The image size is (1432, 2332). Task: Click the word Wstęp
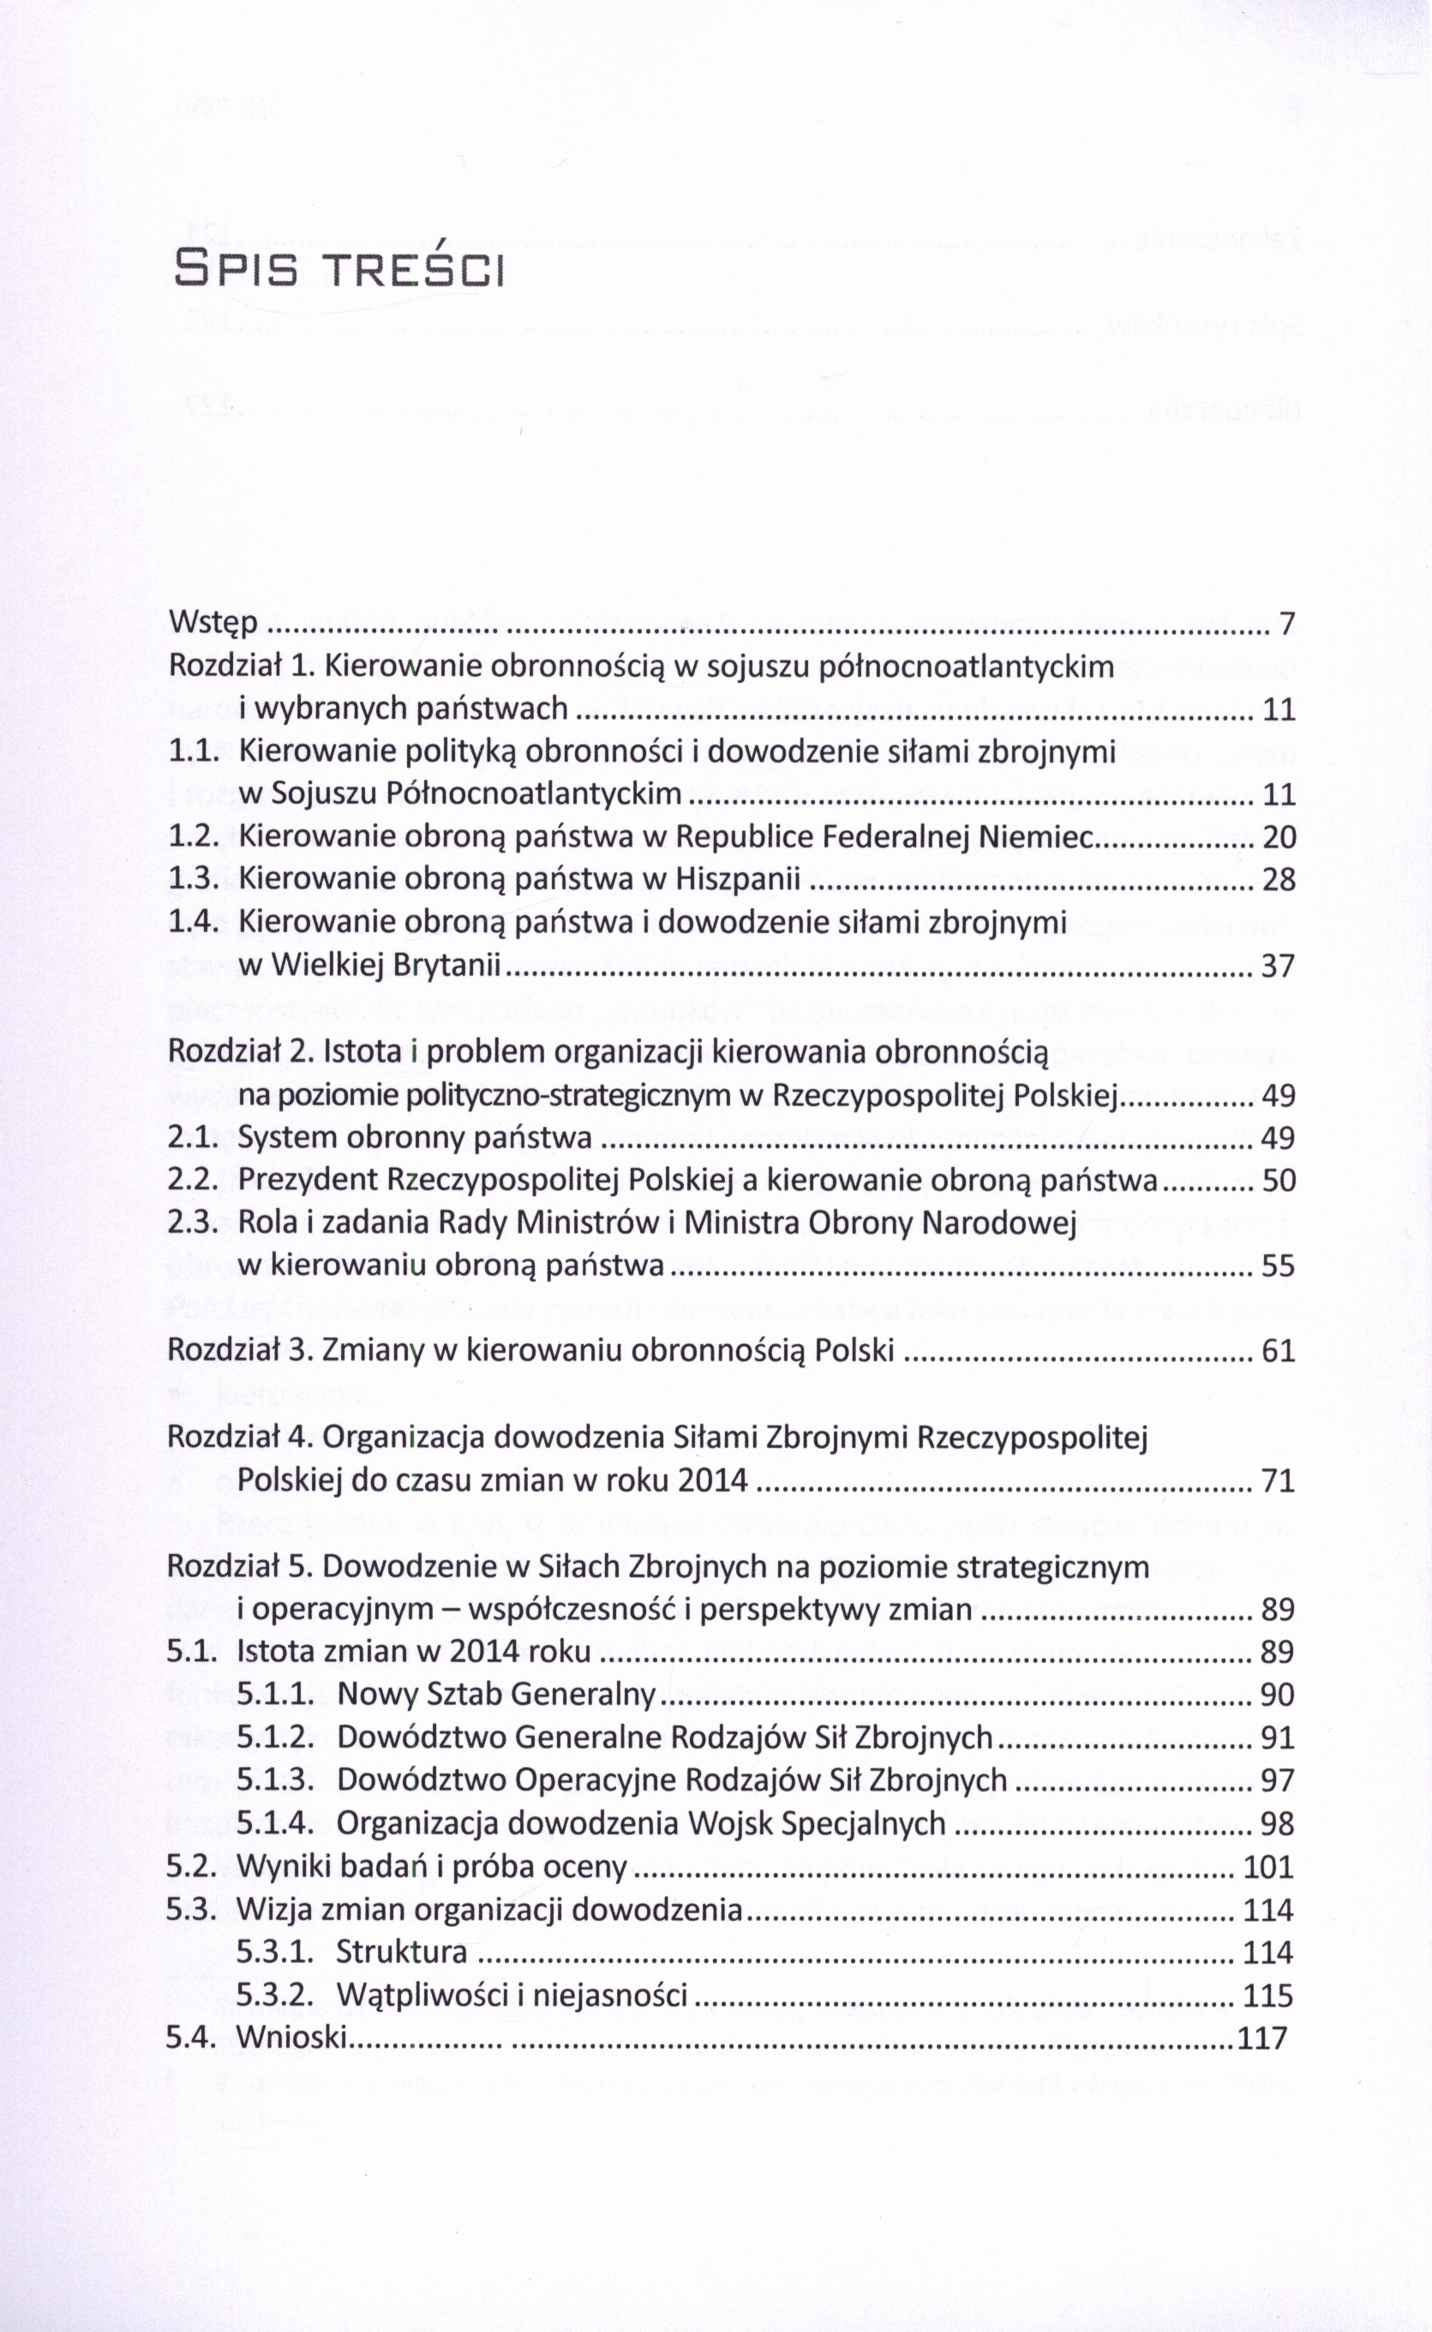point(213,624)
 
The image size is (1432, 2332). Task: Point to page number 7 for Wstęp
point(1286,624)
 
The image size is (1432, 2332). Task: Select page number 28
point(1279,880)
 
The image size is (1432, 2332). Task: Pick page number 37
point(1279,966)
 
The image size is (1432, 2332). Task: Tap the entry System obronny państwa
point(415,1138)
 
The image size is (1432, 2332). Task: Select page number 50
point(1279,1181)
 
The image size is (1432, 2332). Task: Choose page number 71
point(1279,1480)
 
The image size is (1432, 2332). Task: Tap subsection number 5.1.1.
point(274,1694)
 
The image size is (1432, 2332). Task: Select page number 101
point(1268,1866)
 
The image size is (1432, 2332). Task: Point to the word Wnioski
point(291,2036)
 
